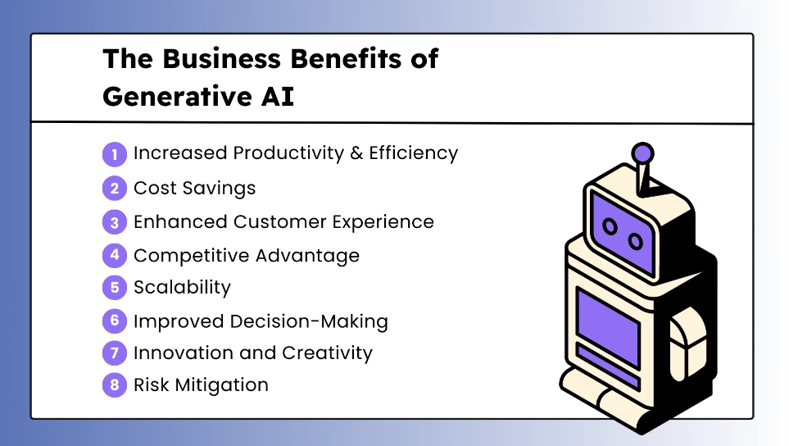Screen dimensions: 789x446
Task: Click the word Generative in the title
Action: [x=178, y=96]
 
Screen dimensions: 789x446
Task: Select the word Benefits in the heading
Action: [x=347, y=58]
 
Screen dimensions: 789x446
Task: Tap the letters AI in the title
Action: [x=277, y=96]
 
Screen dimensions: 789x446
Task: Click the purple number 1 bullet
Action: [x=115, y=154]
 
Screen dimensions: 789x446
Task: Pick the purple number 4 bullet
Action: [x=115, y=255]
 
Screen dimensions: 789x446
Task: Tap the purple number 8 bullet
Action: [x=115, y=385]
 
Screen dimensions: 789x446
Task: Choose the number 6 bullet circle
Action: [x=115, y=321]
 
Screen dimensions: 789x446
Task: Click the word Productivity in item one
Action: [x=289, y=153]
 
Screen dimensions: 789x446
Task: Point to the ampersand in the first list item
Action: [x=356, y=153]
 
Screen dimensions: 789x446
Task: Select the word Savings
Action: [x=219, y=189]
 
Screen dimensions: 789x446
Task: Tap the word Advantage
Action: [x=307, y=257]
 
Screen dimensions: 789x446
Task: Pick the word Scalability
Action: [x=182, y=288]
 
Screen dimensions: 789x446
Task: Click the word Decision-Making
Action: [x=309, y=321]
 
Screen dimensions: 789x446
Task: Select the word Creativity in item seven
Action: [x=327, y=353]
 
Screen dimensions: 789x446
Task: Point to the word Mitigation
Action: [x=221, y=385]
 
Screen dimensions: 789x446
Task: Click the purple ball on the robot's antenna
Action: [x=642, y=153]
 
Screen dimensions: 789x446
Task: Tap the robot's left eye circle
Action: [x=610, y=227]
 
